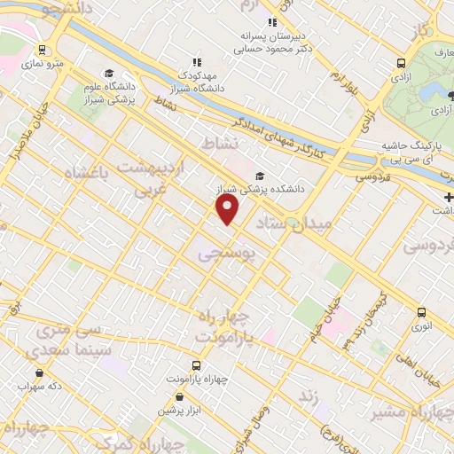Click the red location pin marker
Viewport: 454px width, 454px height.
click(228, 209)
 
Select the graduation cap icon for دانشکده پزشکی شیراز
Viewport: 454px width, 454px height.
click(260, 176)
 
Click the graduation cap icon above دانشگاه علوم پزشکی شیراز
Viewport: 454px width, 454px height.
click(108, 74)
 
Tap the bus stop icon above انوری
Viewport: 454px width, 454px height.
click(421, 312)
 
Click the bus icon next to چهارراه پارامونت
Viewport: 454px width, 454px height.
click(194, 365)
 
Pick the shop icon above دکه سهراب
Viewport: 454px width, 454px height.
click(38, 373)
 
